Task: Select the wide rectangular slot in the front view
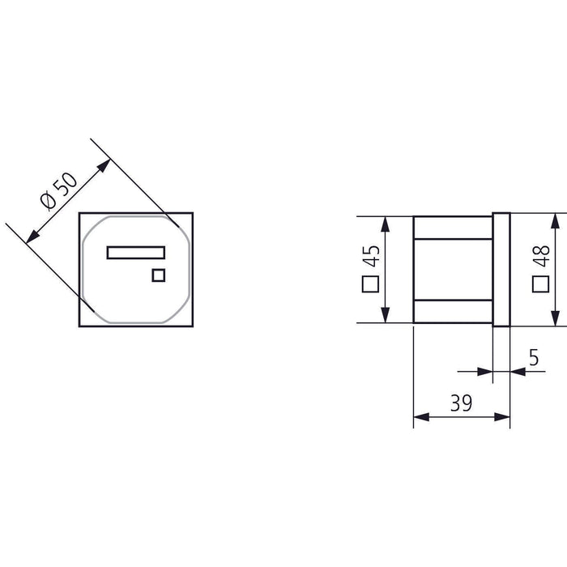[136, 253]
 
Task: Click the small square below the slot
[159, 275]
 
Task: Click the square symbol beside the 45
[372, 284]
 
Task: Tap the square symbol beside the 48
[542, 284]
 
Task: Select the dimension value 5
[533, 356]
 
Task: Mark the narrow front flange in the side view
[501, 269]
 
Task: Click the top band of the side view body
[453, 227]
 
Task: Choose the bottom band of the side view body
[453, 311]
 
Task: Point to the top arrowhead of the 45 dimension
[386, 221]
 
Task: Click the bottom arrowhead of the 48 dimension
[556, 318]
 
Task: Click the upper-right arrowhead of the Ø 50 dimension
[104, 164]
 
